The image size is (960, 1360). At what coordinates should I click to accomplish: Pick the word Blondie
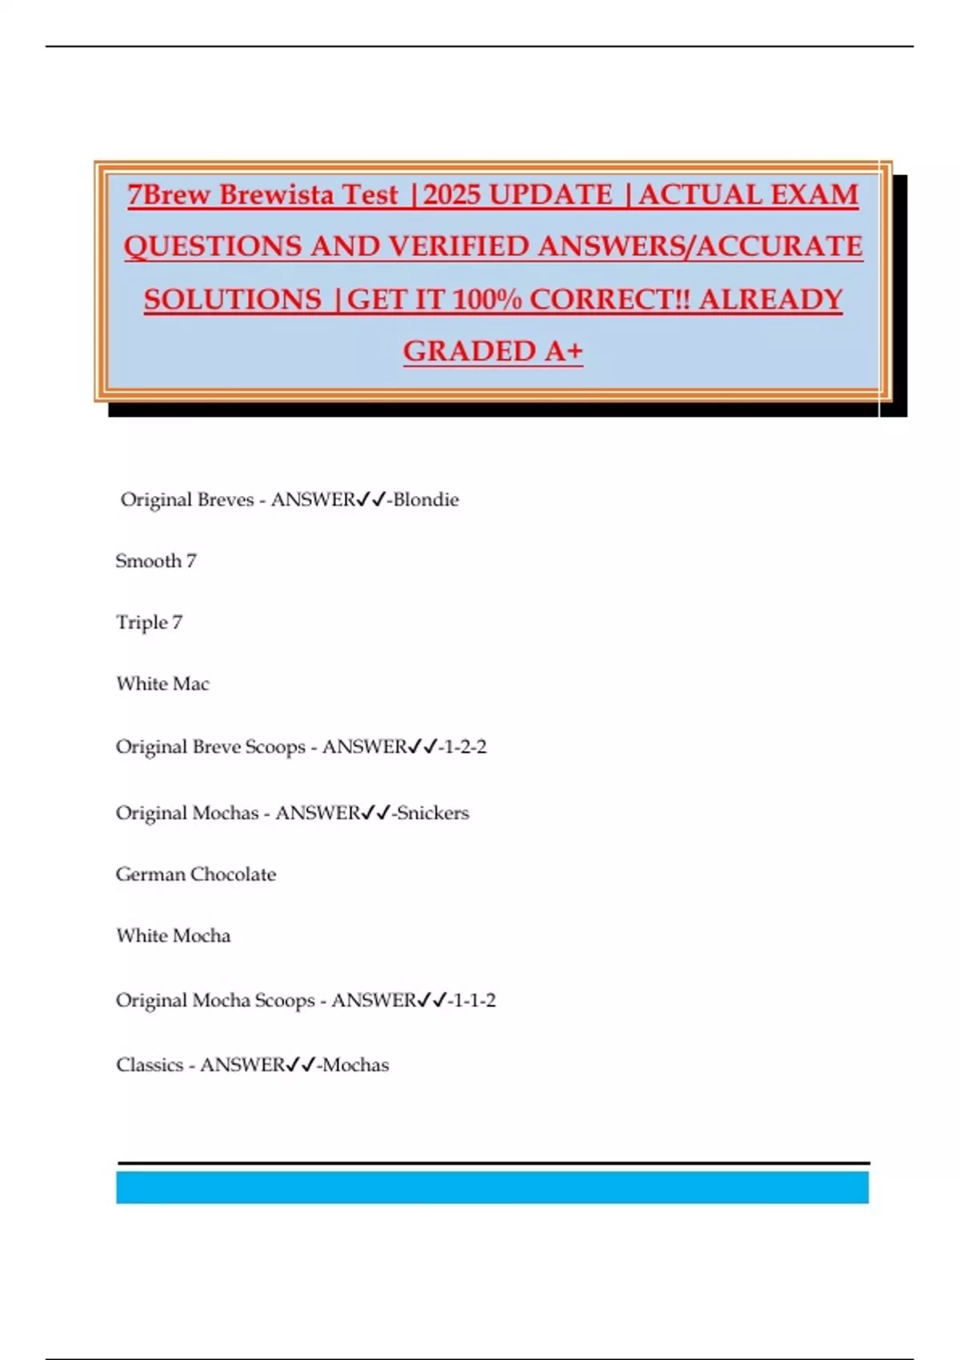(426, 500)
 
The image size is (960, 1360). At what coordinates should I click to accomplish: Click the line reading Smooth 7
(156, 561)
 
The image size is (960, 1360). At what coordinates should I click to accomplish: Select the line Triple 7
(149, 622)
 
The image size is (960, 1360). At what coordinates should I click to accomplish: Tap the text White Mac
(162, 684)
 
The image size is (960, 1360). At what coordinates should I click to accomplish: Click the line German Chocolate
(196, 874)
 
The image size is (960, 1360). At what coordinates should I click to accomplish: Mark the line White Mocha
(173, 936)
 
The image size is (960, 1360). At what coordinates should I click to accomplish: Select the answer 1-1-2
(475, 1001)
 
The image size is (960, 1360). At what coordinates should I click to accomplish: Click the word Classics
(149, 1066)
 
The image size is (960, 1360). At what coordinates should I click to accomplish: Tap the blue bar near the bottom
(492, 1187)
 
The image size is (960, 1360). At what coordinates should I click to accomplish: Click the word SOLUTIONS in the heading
(233, 299)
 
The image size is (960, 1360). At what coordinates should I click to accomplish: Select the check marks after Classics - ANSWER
(301, 1066)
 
